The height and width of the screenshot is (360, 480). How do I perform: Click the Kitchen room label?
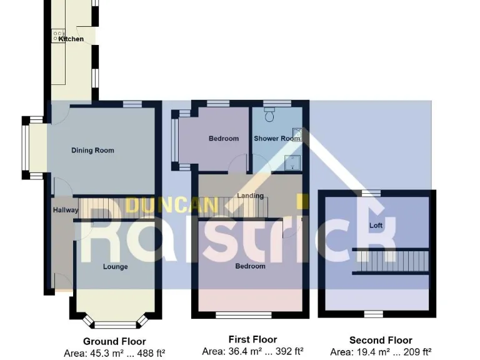point(71,39)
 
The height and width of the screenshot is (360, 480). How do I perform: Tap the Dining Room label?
point(92,151)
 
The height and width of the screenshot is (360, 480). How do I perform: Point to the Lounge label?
point(116,267)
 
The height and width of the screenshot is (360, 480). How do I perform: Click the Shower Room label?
point(277,139)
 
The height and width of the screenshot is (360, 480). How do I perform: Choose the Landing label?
point(250,196)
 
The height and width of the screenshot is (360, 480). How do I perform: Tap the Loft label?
point(376,225)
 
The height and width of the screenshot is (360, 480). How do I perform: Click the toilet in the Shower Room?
point(270,114)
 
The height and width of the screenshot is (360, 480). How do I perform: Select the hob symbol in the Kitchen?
point(59,36)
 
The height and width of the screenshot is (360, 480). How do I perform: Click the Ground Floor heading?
point(114,341)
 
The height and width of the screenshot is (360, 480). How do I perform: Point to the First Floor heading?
point(252,340)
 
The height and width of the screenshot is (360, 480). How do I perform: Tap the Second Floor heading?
point(381,341)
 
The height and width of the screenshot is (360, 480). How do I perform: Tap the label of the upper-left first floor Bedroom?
point(223,139)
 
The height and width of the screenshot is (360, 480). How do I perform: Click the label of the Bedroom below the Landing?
point(250,266)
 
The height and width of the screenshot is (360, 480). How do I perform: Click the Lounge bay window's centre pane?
point(115,324)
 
